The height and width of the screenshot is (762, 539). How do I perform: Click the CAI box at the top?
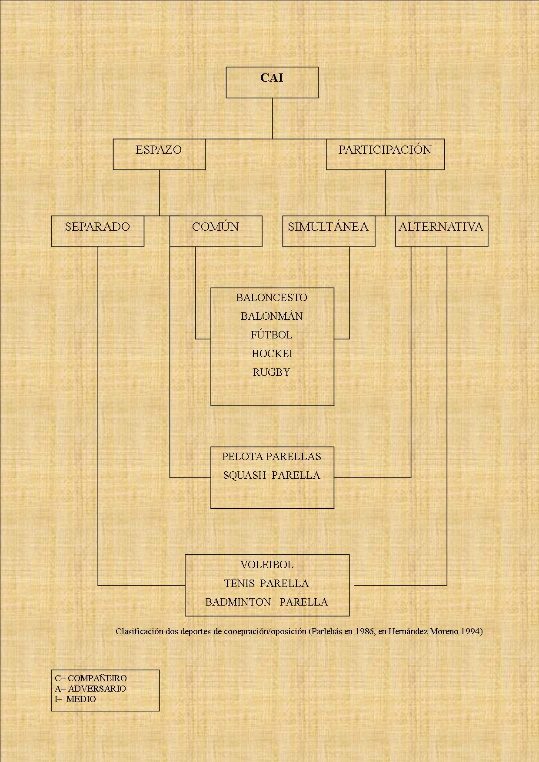point(272,82)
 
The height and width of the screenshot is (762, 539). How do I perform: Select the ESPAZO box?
point(159,154)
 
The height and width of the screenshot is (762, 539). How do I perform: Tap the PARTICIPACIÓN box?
point(385,154)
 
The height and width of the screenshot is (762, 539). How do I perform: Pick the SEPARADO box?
point(98,231)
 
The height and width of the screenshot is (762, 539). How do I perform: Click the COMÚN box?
point(216,231)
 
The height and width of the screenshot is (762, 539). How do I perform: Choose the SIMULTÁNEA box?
point(329,231)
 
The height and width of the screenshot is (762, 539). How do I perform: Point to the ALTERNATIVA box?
point(442,231)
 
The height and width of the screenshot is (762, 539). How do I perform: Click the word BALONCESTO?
point(272,298)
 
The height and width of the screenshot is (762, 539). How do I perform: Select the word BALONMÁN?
point(272,316)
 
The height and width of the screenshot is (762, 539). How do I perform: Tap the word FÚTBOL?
point(272,335)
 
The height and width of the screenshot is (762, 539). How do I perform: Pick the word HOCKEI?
point(272,354)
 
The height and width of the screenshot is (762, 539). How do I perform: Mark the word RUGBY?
point(272,372)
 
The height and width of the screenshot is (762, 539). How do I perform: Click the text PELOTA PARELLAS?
point(272,457)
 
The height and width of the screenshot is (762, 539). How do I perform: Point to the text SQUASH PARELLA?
point(272,475)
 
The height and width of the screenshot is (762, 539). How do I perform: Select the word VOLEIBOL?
point(267,565)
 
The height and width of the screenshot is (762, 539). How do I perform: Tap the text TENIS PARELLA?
point(266,583)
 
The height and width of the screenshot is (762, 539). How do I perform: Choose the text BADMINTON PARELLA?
point(266,602)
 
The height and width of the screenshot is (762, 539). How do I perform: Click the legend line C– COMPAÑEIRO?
point(91,678)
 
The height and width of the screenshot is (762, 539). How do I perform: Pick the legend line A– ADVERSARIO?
point(90,689)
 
